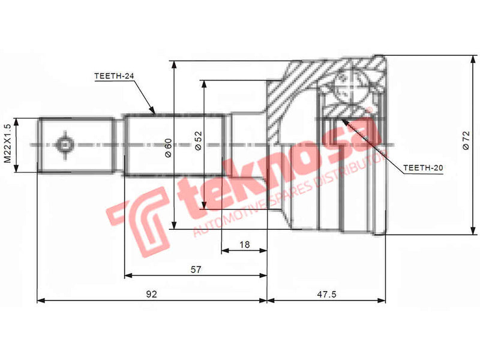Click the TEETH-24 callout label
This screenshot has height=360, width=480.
coord(113,76)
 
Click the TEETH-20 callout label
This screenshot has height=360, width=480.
coord(423,168)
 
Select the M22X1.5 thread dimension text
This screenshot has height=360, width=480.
coord(8,144)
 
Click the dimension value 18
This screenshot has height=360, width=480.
coord(244,244)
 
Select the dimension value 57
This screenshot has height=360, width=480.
coord(196,270)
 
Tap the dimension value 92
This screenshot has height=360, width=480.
coord(151,294)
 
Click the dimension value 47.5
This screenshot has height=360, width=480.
coord(325,294)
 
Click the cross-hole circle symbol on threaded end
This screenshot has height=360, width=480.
coord(63,145)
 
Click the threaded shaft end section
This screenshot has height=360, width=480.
coord(76,145)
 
